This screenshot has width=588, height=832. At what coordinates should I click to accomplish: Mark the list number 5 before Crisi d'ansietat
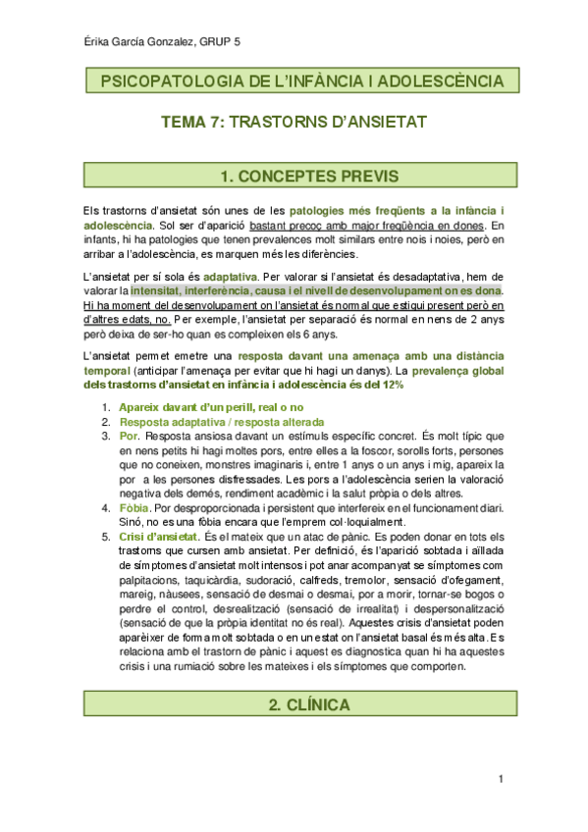(x=105, y=538)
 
